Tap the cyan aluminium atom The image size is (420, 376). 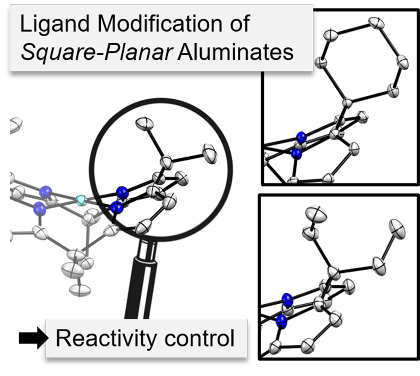(x=81, y=200)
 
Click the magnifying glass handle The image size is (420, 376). (x=139, y=294)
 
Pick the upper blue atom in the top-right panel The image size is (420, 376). (x=301, y=137)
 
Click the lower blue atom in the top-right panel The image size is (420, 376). (x=297, y=154)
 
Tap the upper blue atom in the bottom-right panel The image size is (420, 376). (x=287, y=299)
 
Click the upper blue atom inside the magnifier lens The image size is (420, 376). (x=122, y=192)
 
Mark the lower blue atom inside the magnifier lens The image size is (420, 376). (x=117, y=207)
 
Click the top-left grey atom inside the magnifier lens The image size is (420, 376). (x=145, y=124)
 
